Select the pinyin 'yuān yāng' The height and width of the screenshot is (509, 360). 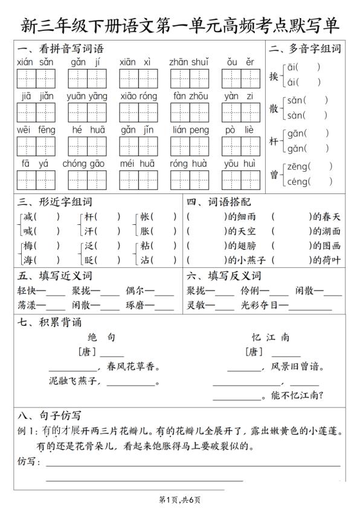(86, 96)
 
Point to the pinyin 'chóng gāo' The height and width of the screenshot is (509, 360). (83, 163)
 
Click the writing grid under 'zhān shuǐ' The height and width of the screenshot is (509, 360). (189, 79)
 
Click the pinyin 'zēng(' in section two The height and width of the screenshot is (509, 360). (298, 166)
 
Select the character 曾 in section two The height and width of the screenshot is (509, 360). (274, 174)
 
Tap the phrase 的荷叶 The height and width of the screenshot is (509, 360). (326, 260)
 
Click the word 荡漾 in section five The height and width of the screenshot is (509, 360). (28, 305)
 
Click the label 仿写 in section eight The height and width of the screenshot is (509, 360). (28, 462)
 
